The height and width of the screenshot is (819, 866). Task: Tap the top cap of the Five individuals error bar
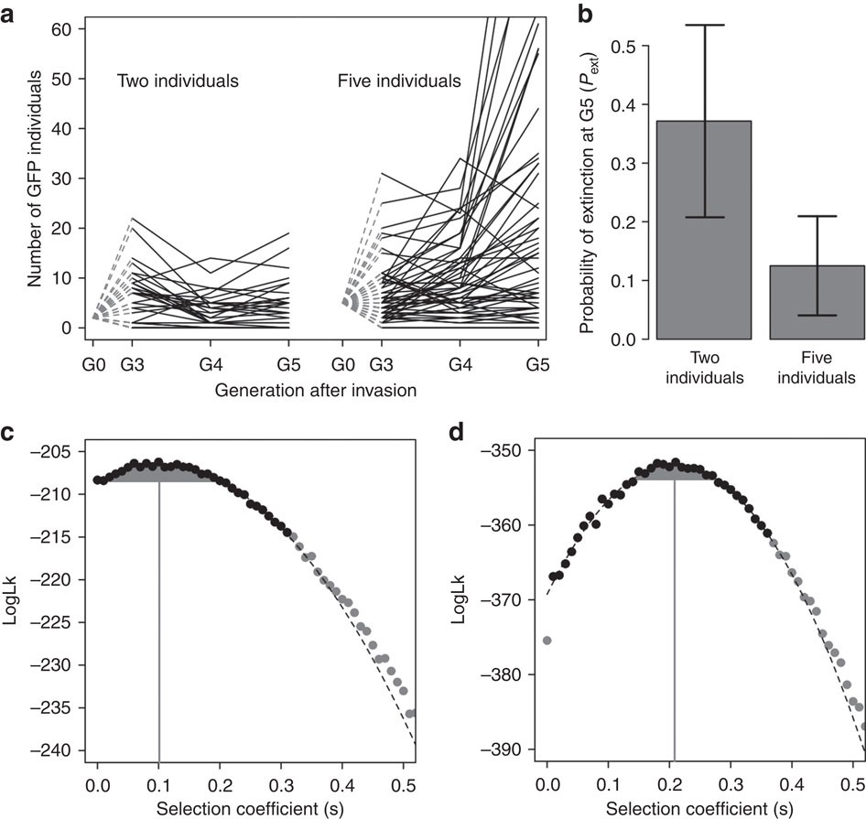point(809,216)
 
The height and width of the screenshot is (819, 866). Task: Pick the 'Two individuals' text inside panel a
point(178,81)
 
